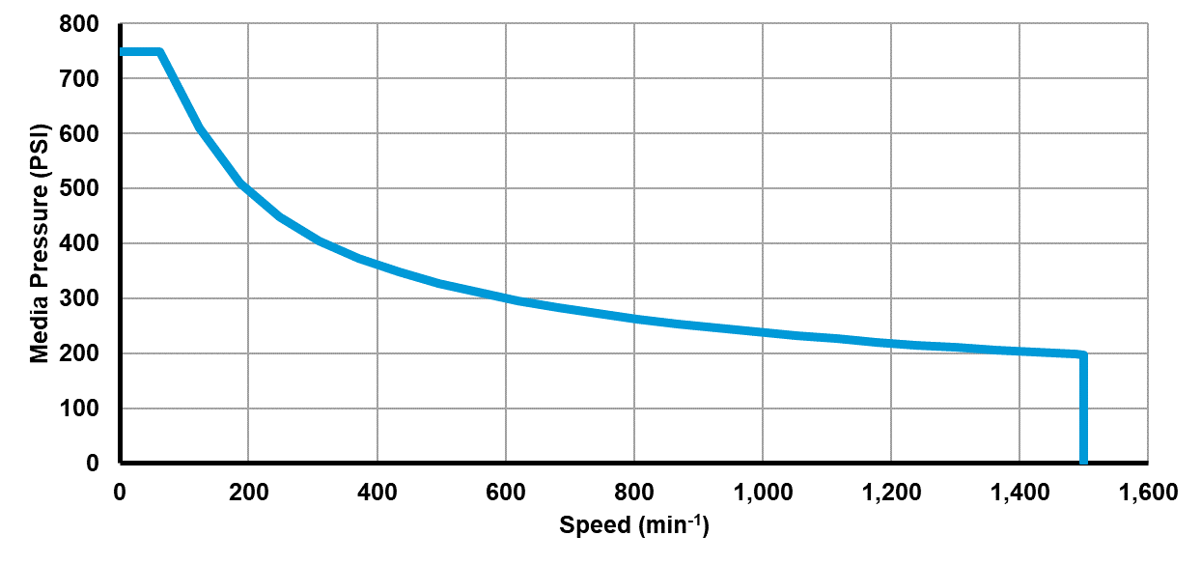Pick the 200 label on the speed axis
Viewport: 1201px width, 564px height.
click(x=248, y=492)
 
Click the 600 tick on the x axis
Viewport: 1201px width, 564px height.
click(x=505, y=492)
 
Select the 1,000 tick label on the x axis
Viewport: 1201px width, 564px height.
click(x=762, y=492)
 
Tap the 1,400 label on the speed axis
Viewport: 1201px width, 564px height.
click(x=1019, y=492)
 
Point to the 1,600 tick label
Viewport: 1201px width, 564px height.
click(x=1147, y=492)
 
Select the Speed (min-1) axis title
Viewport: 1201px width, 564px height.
click(x=633, y=526)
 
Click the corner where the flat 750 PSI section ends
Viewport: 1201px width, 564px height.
click(x=159, y=52)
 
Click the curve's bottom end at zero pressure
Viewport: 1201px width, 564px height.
click(x=1083, y=462)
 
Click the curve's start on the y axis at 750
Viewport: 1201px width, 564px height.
click(x=122, y=52)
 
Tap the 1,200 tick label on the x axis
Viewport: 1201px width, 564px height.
click(x=890, y=492)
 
